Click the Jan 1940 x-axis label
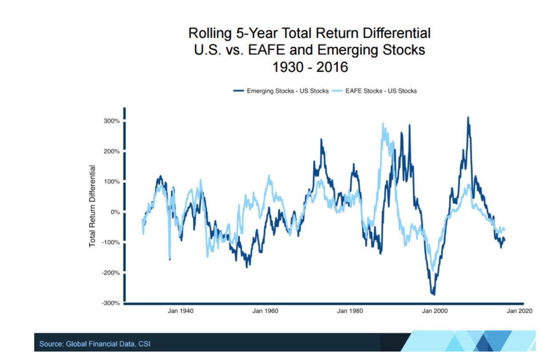click(x=181, y=311)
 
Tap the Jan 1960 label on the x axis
click(x=265, y=311)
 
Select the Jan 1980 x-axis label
click(x=350, y=311)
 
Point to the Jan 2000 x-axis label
click(x=435, y=311)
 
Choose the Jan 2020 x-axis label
click(x=519, y=311)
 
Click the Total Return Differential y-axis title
click(x=92, y=206)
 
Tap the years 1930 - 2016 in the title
click(x=310, y=67)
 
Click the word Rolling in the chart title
click(x=207, y=34)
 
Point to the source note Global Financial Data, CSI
click(x=95, y=344)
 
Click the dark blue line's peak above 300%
click(x=468, y=118)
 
